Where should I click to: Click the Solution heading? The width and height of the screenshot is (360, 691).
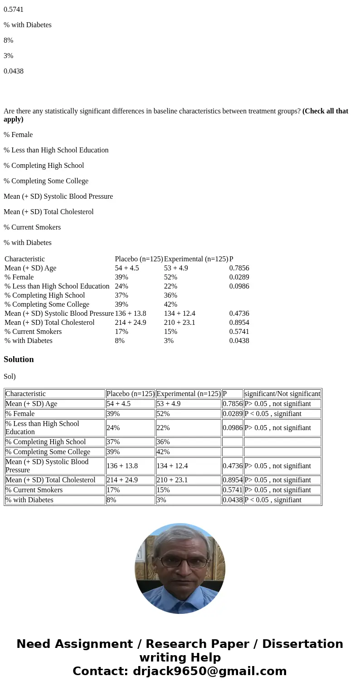point(19,359)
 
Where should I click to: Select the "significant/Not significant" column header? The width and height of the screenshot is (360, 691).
point(282,394)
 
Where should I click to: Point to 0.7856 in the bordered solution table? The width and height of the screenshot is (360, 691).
point(232,404)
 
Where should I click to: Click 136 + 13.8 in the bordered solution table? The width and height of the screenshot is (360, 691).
point(122,466)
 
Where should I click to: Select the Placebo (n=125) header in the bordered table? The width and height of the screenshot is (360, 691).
point(130,394)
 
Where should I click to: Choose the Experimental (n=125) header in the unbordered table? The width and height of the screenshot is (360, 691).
point(196,259)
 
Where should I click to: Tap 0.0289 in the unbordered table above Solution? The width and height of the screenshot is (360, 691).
point(239,277)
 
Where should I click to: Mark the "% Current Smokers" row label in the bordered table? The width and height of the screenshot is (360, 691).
point(34,490)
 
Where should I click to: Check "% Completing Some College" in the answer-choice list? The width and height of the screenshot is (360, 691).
point(46,181)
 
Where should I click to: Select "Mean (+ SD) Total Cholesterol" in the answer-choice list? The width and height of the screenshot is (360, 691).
point(49,212)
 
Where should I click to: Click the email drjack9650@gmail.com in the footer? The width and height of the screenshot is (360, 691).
point(209,671)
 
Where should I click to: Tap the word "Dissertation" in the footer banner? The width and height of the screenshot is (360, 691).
point(302,644)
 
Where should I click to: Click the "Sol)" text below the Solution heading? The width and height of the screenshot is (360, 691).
point(10,377)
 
